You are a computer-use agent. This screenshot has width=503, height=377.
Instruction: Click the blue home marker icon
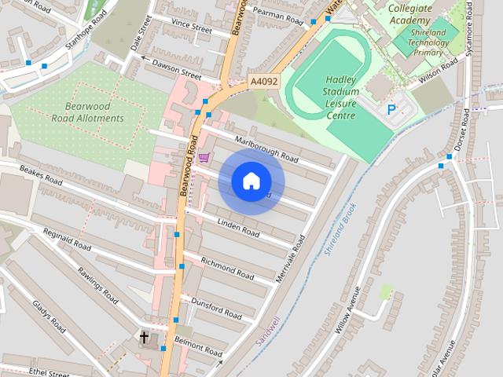coord(251,181)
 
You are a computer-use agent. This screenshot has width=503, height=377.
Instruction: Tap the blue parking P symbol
coord(391,109)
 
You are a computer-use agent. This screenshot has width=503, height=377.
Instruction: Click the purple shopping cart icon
coord(204,157)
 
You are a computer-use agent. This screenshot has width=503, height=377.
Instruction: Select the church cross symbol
coord(144,338)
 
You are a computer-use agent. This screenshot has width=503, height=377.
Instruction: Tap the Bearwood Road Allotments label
coord(88,112)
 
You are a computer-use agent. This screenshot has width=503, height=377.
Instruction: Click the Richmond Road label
coord(227,268)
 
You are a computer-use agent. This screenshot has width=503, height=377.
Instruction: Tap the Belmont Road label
coord(199,346)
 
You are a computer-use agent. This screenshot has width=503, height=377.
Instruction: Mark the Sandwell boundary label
coord(269,330)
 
